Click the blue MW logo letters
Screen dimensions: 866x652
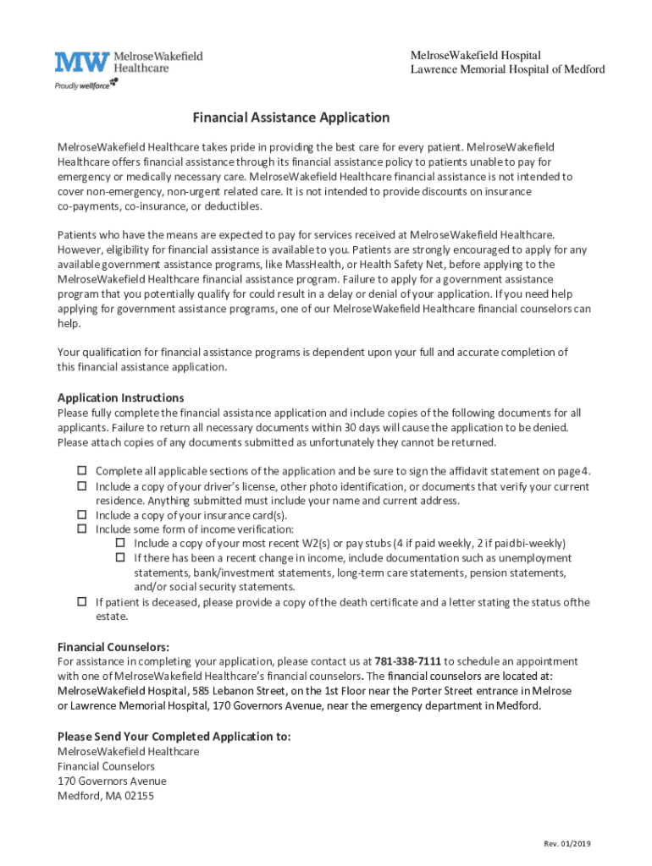82,63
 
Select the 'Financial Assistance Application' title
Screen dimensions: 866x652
290,118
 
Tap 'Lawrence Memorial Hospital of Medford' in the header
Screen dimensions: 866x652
507,69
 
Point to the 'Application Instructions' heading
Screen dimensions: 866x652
120,397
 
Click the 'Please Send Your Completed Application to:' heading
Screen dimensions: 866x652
174,736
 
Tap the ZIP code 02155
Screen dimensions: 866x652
138,796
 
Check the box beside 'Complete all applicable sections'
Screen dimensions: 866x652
83,470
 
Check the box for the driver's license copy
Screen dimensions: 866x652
83,486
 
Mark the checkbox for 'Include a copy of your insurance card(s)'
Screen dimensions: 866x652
83,514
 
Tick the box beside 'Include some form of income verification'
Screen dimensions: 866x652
83,529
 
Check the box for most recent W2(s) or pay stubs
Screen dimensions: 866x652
120,543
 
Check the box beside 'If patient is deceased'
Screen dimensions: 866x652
83,602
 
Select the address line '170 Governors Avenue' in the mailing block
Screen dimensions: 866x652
112,781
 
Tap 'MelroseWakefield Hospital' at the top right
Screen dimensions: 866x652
475,55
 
